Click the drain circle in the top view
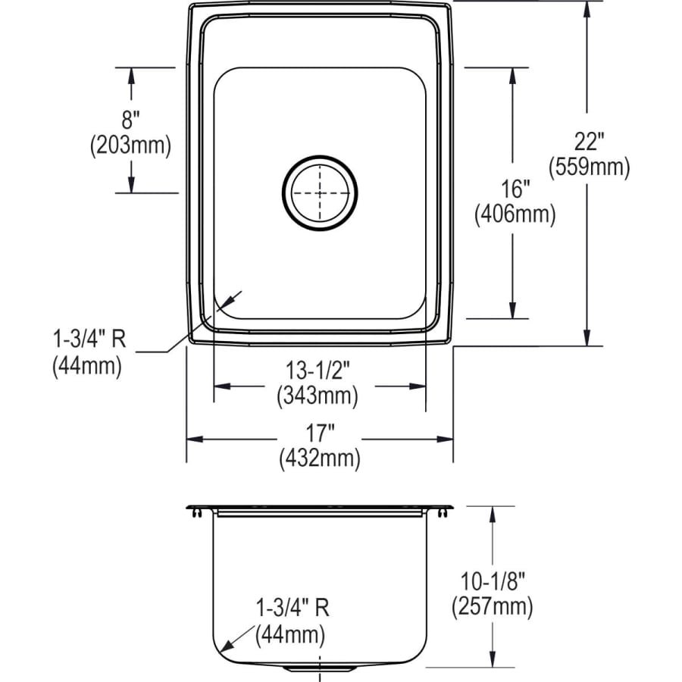[x=319, y=192]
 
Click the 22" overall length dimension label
[x=588, y=142]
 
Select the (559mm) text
[x=589, y=167]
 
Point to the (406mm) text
[x=515, y=215]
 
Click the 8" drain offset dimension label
[x=131, y=118]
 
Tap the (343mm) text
[x=318, y=395]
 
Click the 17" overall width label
[x=319, y=433]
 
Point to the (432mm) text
[x=319, y=458]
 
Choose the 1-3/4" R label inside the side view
[x=292, y=608]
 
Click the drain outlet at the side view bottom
[x=321, y=669]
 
